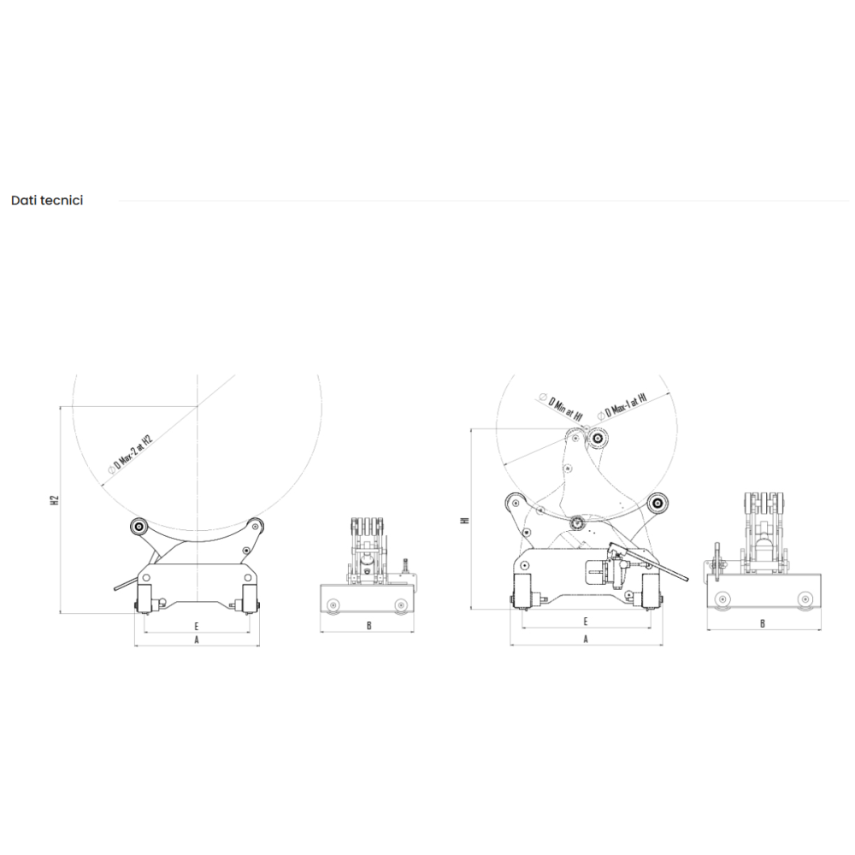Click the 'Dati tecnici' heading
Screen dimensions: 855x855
[47, 200]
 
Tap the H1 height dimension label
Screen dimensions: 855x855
[464, 521]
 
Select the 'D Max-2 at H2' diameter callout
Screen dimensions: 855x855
[131, 454]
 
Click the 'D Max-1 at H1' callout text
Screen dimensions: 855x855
[622, 406]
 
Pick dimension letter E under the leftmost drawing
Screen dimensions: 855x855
[197, 626]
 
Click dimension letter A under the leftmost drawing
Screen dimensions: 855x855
[197, 640]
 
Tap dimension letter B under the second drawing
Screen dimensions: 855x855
[369, 626]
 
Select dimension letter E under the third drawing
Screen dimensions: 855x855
[586, 622]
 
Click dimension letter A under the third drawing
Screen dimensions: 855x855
[587, 639]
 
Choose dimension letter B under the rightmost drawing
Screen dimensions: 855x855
[763, 624]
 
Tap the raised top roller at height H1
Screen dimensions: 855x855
[597, 437]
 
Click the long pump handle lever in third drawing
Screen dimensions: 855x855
[649, 562]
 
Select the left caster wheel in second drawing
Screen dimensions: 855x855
[333, 604]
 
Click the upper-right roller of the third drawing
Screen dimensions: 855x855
[658, 502]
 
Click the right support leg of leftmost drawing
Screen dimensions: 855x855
[249, 599]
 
